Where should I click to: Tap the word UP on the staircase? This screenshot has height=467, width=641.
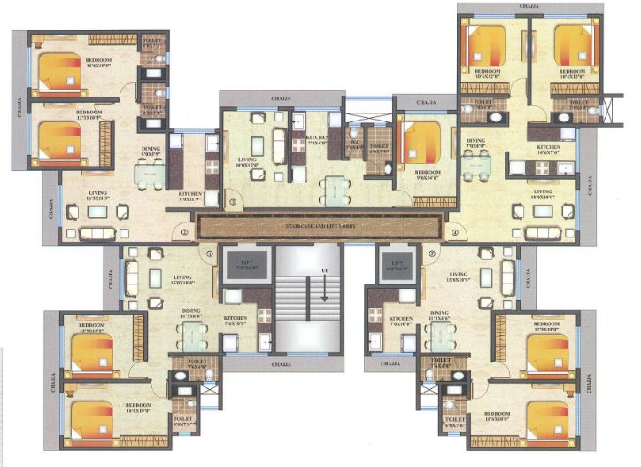[325, 269]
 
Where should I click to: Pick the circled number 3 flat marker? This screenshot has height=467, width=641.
[233, 202]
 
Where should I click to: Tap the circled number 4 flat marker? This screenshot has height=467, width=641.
[455, 233]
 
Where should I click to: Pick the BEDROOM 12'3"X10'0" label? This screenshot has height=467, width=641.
[89, 116]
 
